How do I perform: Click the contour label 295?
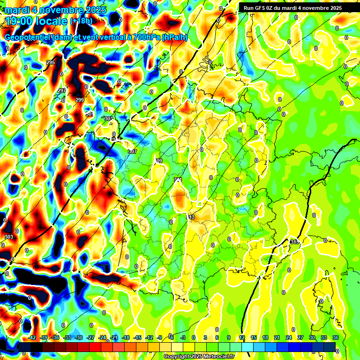tap(51, 63)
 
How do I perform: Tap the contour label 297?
tap(62, 90)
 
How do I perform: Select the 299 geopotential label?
tap(80, 100)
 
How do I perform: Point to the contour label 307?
tap(133, 151)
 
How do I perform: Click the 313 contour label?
tap(191, 217)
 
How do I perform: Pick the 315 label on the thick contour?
tap(294, 242)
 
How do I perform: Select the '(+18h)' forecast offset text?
tap(81, 21)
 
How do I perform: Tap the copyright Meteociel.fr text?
tap(199, 357)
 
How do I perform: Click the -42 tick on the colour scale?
tap(32, 337)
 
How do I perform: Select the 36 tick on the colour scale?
tap(336, 337)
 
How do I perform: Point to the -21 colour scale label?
tap(114, 337)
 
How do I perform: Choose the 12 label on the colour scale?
tap(242, 337)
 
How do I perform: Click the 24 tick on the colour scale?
tap(289, 337)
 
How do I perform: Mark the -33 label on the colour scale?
tap(67, 337)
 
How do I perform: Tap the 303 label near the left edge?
tap(8, 237)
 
